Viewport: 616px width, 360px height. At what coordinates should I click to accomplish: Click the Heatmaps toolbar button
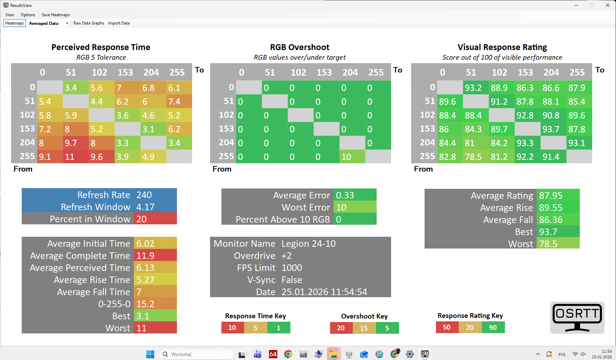coord(14,23)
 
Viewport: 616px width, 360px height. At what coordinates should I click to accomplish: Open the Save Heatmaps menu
coord(56,15)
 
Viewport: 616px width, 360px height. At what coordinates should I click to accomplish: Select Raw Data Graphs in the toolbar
coord(89,23)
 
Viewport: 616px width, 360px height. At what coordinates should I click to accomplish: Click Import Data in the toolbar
coord(119,23)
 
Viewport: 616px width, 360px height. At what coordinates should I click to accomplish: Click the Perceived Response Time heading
coord(101,47)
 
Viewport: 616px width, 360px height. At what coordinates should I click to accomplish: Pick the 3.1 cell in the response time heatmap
coord(153,129)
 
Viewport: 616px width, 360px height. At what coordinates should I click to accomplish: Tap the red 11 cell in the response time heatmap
coord(76,157)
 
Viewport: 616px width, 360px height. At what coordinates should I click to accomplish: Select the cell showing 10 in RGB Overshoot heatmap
coord(352,157)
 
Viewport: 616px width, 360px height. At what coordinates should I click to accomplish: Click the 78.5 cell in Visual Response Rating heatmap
coord(476,157)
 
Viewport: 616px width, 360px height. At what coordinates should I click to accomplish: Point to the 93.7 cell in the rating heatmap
coord(553,129)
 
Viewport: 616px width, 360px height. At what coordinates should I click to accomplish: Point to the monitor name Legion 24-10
coord(308,244)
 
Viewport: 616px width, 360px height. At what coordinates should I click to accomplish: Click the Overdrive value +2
coord(287,256)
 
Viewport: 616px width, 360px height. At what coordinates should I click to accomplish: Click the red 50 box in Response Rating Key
coord(447,327)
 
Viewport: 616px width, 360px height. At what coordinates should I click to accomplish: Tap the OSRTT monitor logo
coord(577,318)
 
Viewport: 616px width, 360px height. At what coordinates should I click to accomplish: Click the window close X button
coord(608,5)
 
